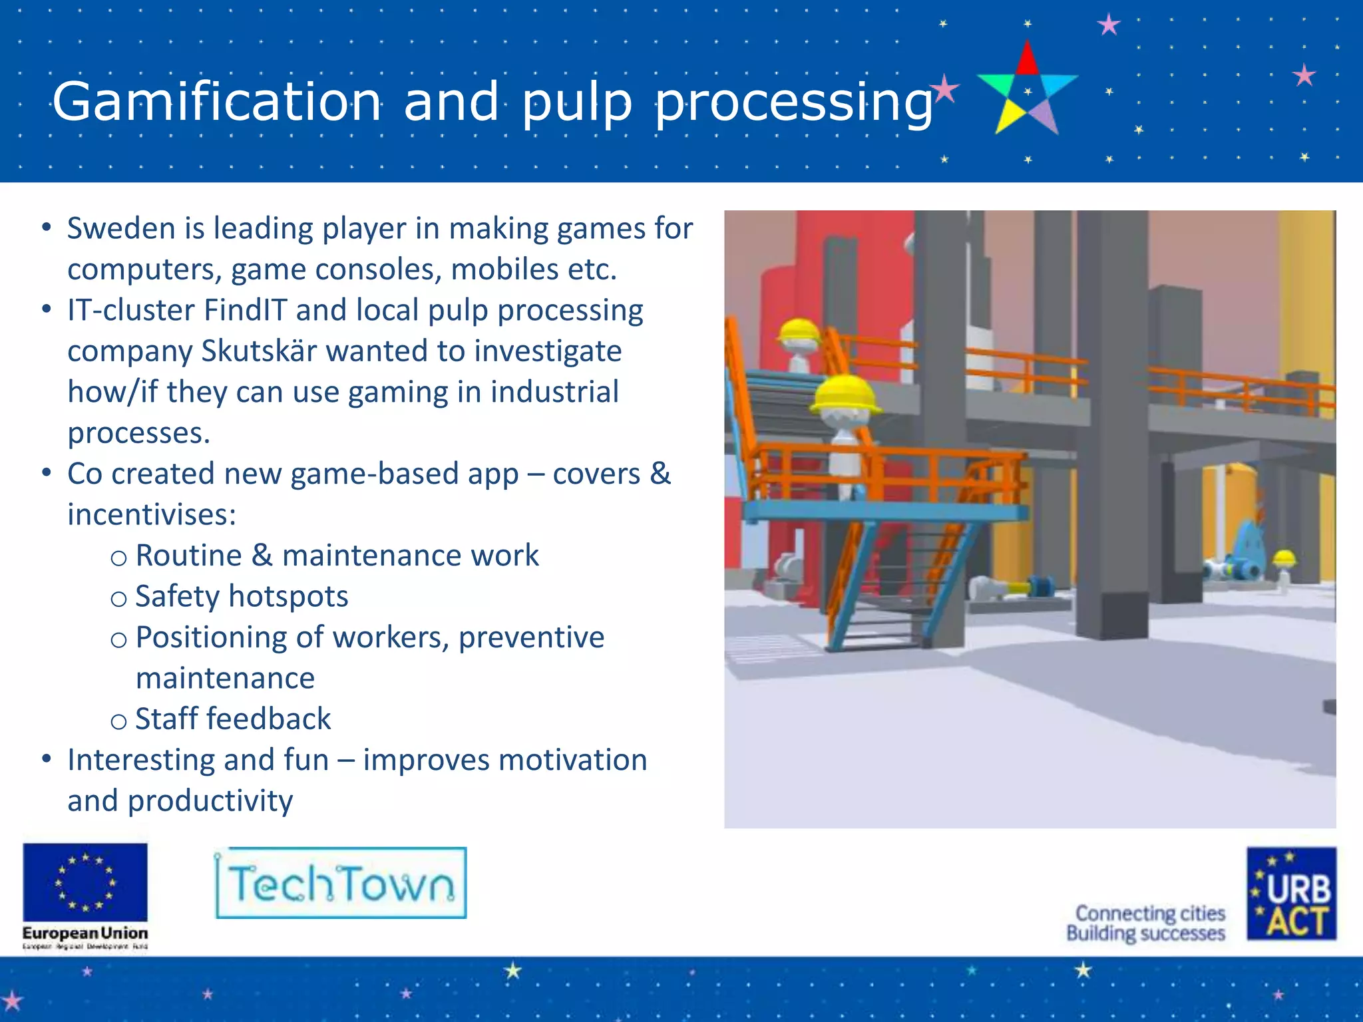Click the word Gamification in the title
coord(217,101)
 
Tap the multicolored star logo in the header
coord(1027,90)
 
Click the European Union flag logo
coord(85,882)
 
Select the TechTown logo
coord(341,883)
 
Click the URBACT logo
coord(1291,894)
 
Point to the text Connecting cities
coord(1150,913)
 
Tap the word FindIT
coord(245,311)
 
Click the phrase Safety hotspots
coord(242,597)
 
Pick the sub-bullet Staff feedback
coord(233,719)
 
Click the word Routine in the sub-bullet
coord(188,556)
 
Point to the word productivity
coord(210,801)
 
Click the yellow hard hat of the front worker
coord(845,393)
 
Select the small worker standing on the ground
coord(1283,570)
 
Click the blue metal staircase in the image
coord(885,586)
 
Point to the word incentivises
coord(152,515)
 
